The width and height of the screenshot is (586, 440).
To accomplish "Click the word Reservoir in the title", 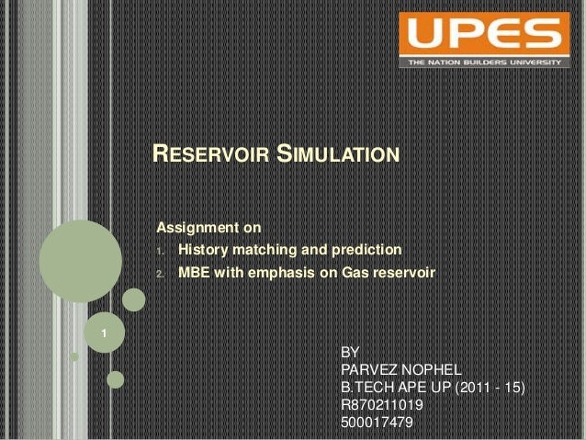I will click(x=208, y=153).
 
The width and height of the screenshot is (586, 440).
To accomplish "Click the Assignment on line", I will click(x=210, y=226).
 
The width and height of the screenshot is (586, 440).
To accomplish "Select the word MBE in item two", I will click(x=192, y=274).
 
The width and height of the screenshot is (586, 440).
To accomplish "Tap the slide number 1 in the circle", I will click(x=105, y=332).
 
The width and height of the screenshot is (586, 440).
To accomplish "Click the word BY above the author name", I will click(x=350, y=352).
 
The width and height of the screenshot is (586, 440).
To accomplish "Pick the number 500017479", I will click(x=377, y=422).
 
